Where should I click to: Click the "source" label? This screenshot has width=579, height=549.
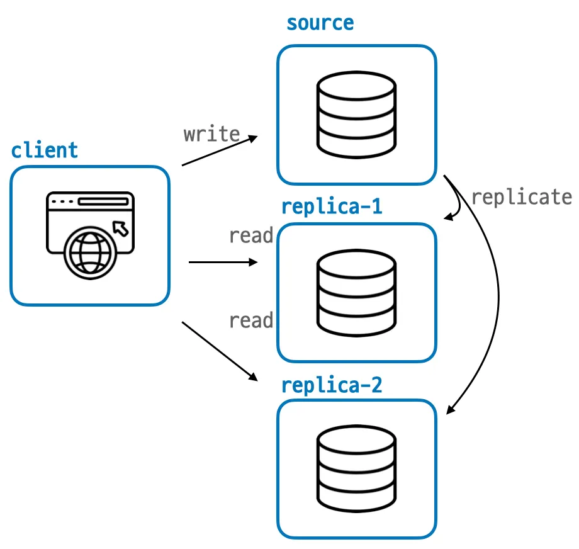tap(320, 24)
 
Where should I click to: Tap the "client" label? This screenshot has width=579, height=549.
tap(45, 150)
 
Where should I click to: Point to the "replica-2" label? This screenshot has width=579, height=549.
tap(332, 385)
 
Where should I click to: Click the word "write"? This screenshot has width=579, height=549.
tap(211, 134)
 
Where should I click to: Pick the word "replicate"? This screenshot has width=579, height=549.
tap(521, 197)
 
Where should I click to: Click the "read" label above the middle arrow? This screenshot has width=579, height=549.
tap(250, 236)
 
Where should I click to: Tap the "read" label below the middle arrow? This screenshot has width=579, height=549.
tap(250, 320)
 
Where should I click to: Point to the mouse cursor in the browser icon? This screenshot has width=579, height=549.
tap(120, 227)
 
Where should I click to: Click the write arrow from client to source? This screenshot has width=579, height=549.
tap(220, 150)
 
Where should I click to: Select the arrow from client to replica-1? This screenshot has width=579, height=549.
tap(223, 262)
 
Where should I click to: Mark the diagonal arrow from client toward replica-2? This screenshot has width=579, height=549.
tap(220, 351)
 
